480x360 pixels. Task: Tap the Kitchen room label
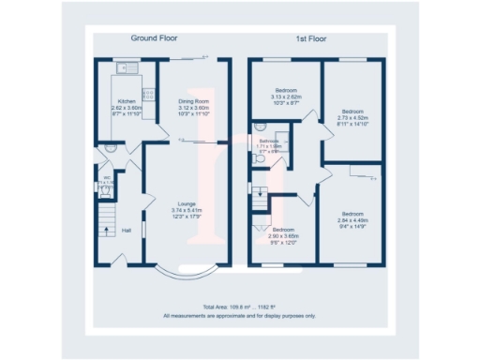[125, 101]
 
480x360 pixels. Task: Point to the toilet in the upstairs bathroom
[260, 158]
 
